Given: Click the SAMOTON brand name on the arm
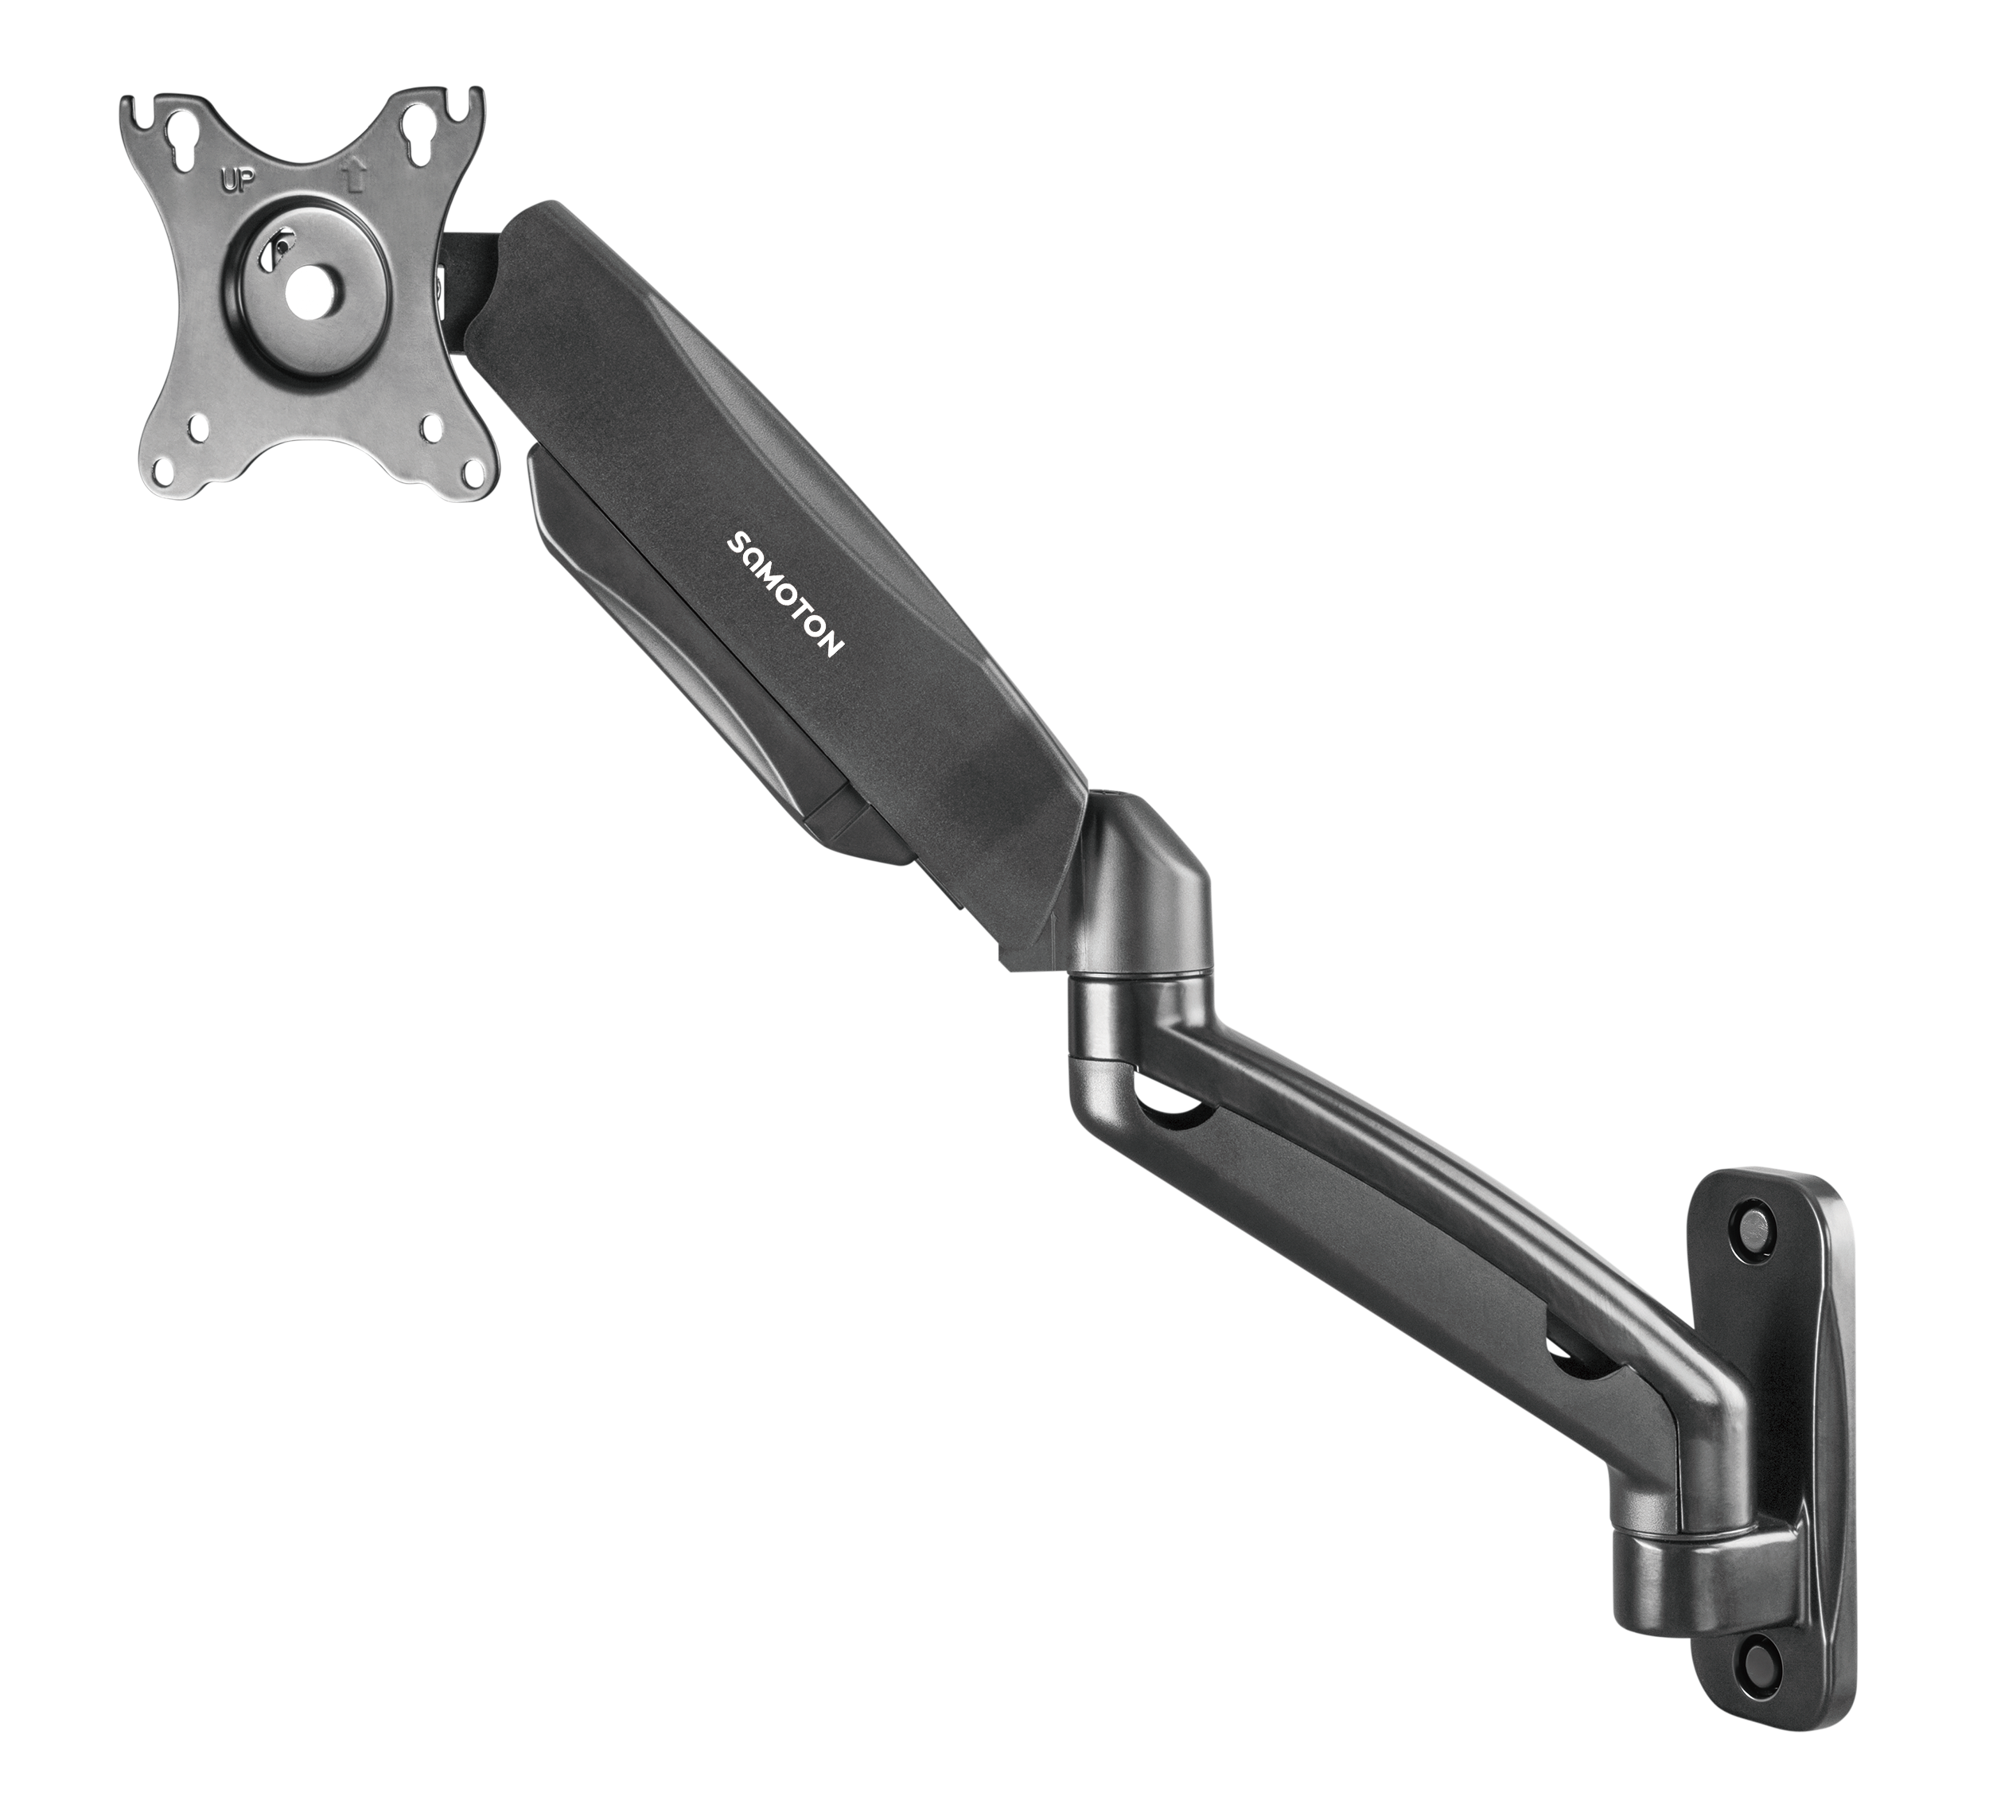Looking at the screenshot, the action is [x=784, y=593].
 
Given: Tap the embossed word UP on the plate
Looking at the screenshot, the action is [x=235, y=181].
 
